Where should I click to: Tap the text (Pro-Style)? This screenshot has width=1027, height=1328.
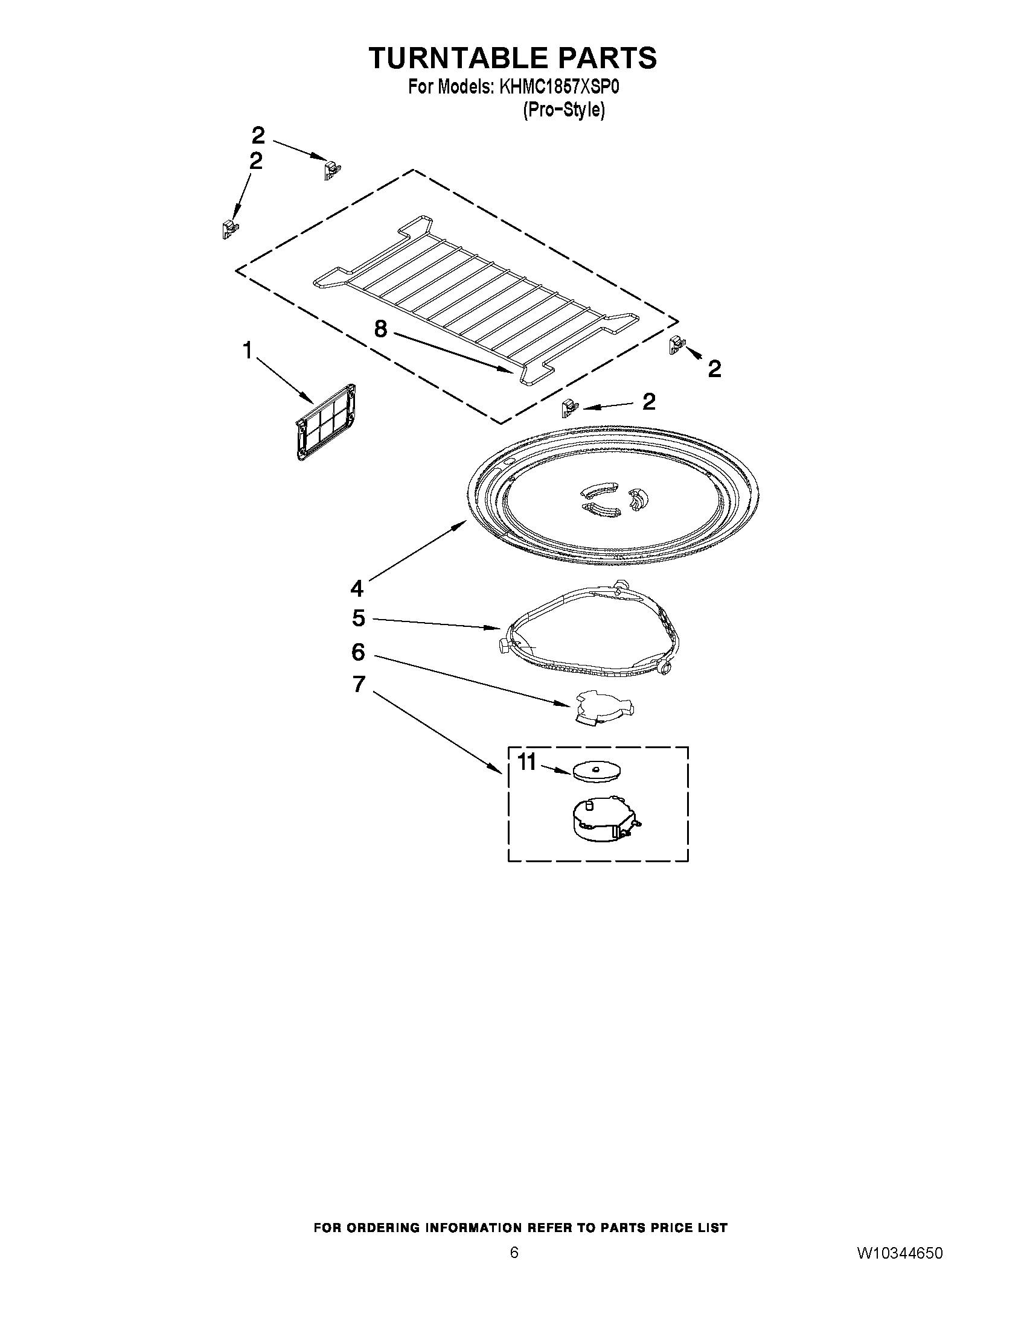(x=563, y=110)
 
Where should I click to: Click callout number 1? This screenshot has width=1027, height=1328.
(x=248, y=351)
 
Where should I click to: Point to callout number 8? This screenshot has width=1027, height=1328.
(x=380, y=329)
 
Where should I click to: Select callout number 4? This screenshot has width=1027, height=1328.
(x=357, y=588)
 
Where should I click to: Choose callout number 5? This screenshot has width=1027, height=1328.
(x=359, y=618)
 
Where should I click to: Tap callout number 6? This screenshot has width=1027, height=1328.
(x=359, y=652)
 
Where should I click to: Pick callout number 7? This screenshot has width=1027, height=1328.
(x=359, y=685)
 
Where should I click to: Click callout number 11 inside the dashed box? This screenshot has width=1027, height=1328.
(x=527, y=761)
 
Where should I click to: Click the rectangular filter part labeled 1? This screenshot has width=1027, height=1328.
(x=326, y=421)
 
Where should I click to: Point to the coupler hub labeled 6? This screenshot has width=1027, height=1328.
(x=603, y=707)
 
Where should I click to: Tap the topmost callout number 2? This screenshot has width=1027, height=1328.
(x=258, y=135)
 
